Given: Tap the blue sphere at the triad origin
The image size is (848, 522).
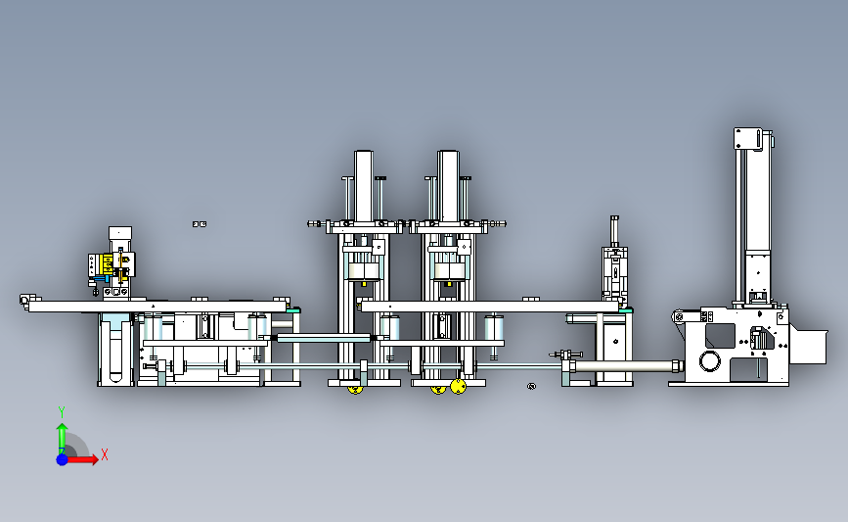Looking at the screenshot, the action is point(62,459).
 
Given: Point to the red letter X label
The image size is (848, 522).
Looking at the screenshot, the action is point(105,454).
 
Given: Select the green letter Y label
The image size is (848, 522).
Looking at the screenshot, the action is point(62,412).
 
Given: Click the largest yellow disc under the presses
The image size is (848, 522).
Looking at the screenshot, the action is point(458,386).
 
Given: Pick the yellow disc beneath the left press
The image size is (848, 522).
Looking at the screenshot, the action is point(355,389).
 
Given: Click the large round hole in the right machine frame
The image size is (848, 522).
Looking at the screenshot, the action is point(709,360).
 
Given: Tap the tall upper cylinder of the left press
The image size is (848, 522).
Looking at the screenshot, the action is point(364,186).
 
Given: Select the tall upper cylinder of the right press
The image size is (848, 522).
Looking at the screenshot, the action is point(448,186).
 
